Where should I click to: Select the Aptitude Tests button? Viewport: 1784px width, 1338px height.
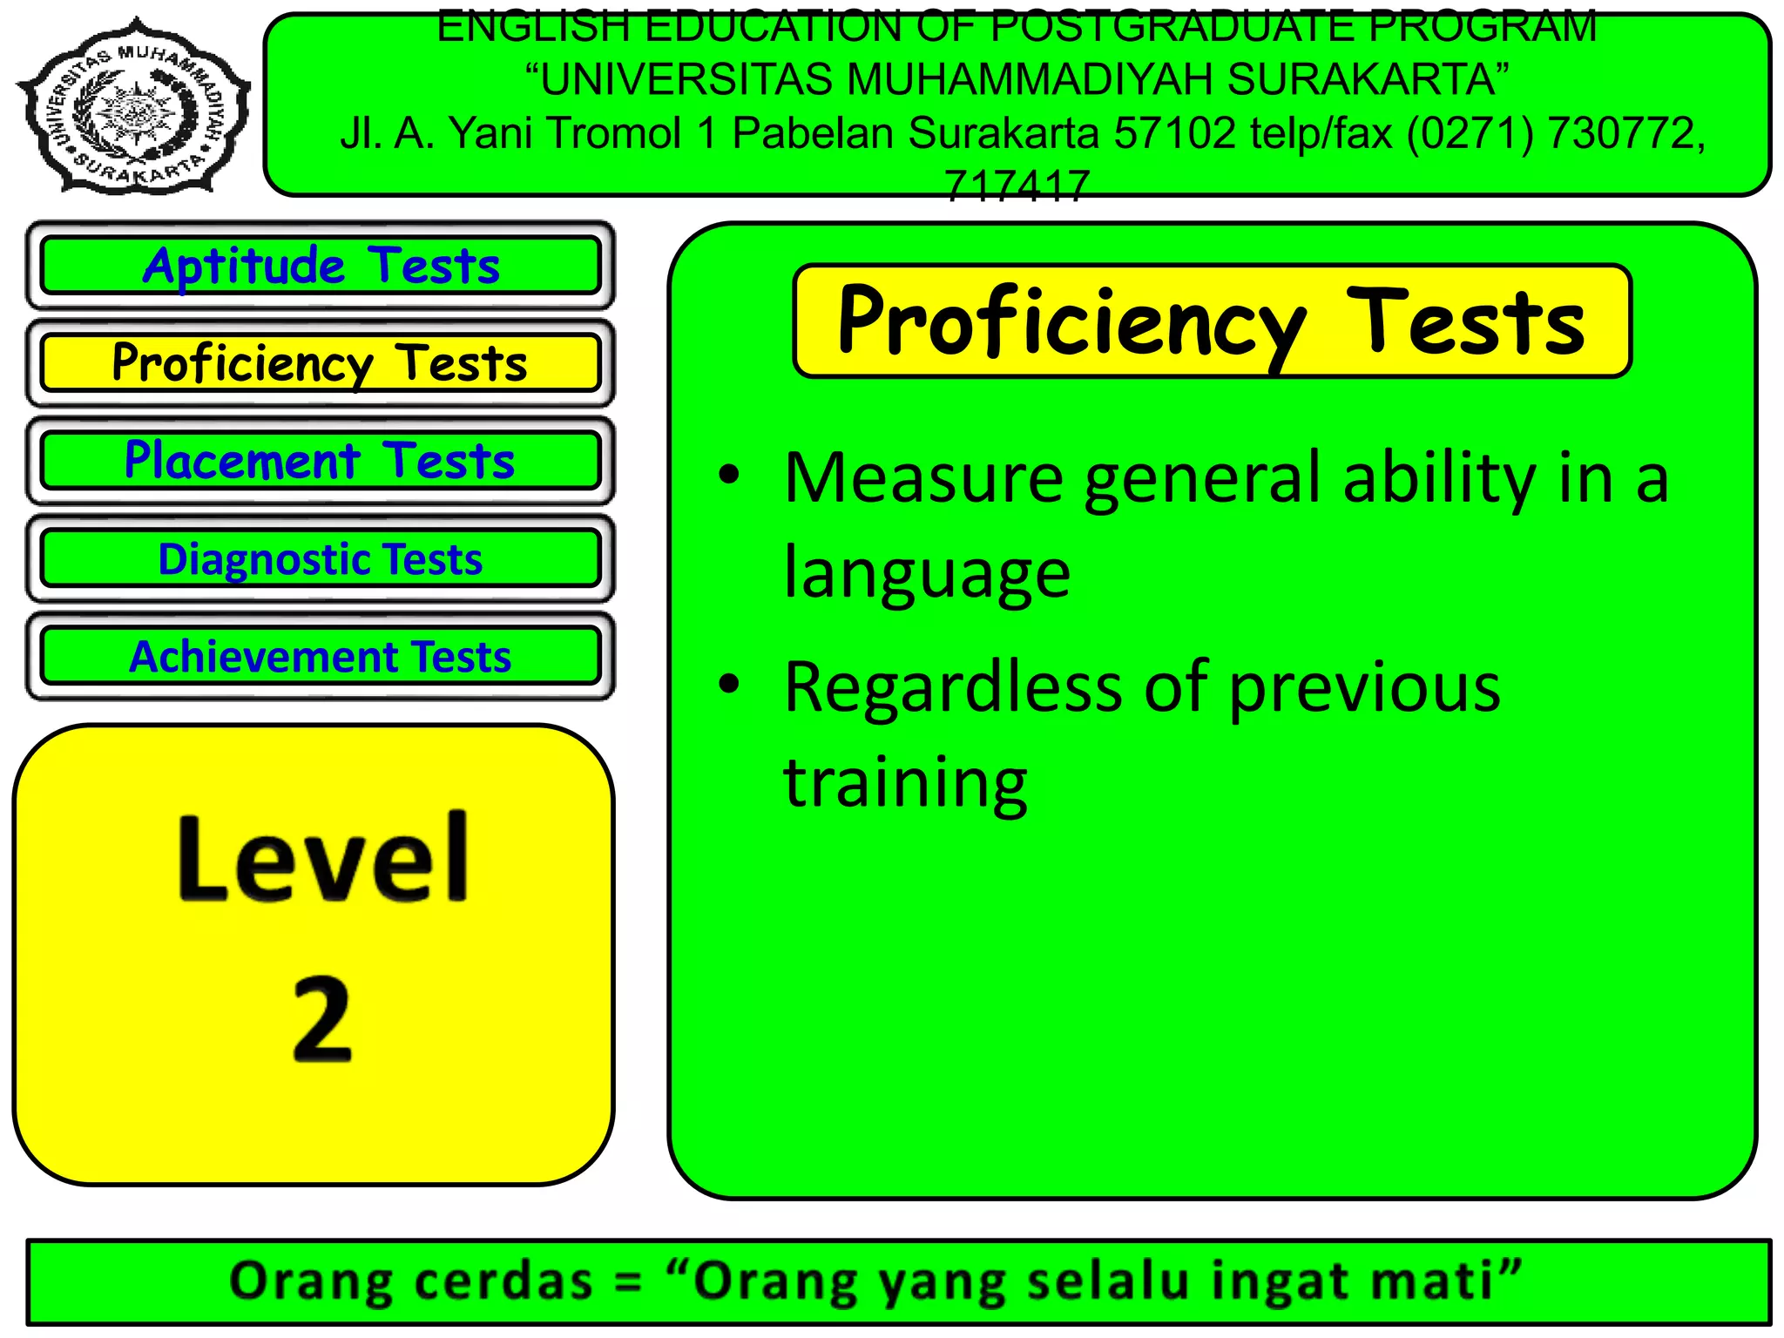coord(321,265)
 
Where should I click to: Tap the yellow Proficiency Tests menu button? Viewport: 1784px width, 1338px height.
coord(321,362)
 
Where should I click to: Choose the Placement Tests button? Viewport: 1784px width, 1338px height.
coord(321,460)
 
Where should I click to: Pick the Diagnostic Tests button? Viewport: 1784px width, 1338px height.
coord(321,558)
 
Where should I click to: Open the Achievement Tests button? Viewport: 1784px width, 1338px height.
coord(321,656)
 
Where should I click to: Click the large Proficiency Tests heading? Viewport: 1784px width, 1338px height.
coord(1211,322)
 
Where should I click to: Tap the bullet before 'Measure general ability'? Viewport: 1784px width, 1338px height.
coord(728,476)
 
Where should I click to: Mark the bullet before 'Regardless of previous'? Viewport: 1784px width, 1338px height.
coord(728,685)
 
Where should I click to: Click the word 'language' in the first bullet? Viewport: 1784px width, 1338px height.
coord(927,573)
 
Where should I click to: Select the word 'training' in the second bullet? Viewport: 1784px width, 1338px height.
coord(905,782)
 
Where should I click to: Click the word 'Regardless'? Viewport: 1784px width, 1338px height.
coord(953,687)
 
